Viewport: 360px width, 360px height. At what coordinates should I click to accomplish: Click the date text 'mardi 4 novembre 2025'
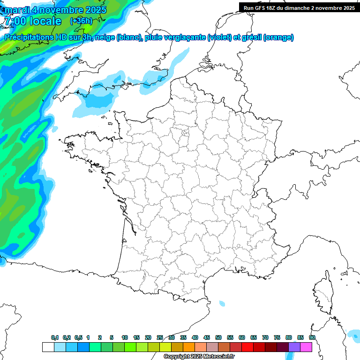55,9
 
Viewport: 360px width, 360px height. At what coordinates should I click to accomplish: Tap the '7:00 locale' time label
32,21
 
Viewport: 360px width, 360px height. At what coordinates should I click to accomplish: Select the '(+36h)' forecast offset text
81,21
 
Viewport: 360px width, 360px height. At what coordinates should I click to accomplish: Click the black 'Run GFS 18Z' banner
299,7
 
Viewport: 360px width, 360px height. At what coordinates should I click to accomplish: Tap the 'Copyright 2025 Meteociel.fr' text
199,357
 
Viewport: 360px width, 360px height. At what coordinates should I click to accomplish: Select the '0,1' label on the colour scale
55,337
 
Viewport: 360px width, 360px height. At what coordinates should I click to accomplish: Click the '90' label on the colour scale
312,337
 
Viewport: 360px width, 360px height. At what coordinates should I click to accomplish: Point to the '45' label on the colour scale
207,337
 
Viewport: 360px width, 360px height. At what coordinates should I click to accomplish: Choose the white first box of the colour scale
48,347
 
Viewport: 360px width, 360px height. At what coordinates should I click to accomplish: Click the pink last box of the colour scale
306,347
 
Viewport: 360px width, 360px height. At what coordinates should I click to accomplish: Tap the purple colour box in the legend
294,347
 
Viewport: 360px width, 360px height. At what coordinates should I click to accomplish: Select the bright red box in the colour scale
247,347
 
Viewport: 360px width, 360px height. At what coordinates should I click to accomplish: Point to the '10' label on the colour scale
125,337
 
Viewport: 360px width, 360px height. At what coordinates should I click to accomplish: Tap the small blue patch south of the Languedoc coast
222,303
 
